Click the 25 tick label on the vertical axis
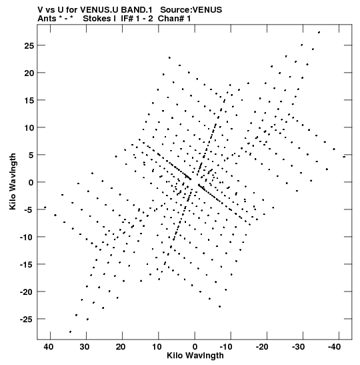coord(29,46)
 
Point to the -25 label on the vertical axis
coord(27,319)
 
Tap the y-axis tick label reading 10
coord(29,128)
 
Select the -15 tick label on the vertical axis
coord(27,264)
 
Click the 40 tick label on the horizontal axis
coord(49,346)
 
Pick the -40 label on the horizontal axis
coord(334,346)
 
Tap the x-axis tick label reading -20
coord(262,346)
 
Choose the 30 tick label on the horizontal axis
coord(85,346)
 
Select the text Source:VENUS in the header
coord(191,10)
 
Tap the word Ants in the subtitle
coord(47,19)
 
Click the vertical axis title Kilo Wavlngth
coord(13,181)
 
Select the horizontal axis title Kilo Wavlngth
coord(195,356)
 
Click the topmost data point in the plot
coord(319,32)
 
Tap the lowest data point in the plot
coord(70,332)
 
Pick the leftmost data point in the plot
coord(45,207)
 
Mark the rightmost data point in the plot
coord(344,157)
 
